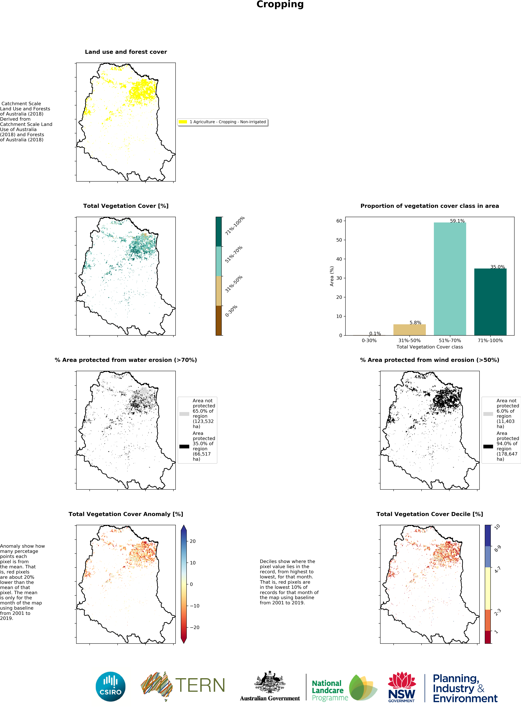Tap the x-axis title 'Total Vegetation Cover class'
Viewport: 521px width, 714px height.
430,347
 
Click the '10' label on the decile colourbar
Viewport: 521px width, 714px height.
497,527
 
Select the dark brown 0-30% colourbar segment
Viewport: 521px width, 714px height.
219,320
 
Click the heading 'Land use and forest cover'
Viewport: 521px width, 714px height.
126,52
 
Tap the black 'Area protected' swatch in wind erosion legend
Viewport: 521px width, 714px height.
488,446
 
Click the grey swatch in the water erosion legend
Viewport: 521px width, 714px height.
184,414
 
